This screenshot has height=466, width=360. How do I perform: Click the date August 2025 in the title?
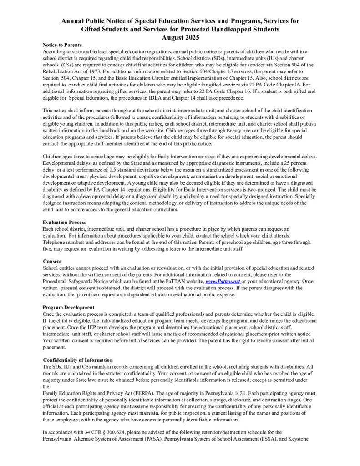point(180,37)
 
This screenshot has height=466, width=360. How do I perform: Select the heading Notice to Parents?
point(62,45)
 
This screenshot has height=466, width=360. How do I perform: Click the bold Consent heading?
point(52,261)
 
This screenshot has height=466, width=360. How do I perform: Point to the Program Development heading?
point(69,307)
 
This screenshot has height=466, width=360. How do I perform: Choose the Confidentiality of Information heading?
point(78,360)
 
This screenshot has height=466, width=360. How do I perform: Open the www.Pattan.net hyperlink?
point(223,282)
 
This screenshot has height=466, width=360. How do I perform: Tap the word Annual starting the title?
point(73,21)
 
